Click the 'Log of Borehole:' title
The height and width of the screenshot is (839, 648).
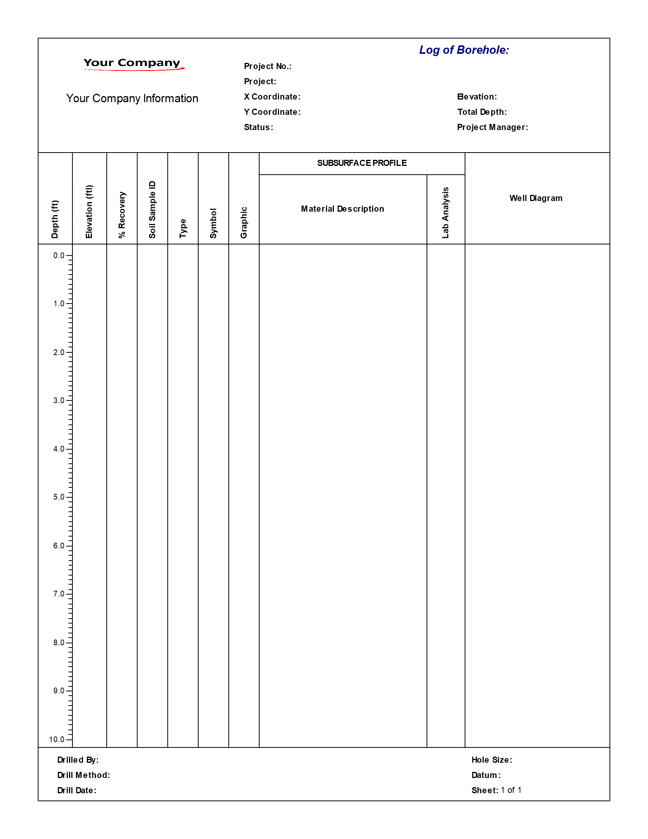(464, 50)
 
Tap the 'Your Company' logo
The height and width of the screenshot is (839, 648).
(132, 63)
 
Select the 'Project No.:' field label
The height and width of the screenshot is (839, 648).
(268, 66)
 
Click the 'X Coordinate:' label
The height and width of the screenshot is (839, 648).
(272, 97)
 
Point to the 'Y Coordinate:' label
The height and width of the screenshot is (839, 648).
(272, 112)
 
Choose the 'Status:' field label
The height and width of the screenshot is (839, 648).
(258, 127)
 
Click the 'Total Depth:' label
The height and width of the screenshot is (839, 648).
(482, 112)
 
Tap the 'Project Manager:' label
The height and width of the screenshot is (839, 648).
(492, 127)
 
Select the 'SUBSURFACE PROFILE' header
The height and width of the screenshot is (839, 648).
(362, 163)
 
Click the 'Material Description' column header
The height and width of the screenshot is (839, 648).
(342, 209)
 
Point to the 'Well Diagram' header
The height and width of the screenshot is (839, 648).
(536, 198)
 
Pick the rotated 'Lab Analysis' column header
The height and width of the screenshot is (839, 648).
(445, 212)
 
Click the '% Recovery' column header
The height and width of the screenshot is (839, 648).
(122, 215)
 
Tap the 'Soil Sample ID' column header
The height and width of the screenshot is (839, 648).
(152, 209)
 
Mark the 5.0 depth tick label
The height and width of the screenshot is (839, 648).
(59, 497)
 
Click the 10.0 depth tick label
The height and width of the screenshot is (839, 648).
(57, 739)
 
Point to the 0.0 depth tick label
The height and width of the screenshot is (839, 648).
(59, 256)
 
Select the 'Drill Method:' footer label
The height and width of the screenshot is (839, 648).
(84, 775)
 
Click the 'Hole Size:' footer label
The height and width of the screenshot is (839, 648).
(492, 760)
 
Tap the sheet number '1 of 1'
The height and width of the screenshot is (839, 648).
(511, 790)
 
